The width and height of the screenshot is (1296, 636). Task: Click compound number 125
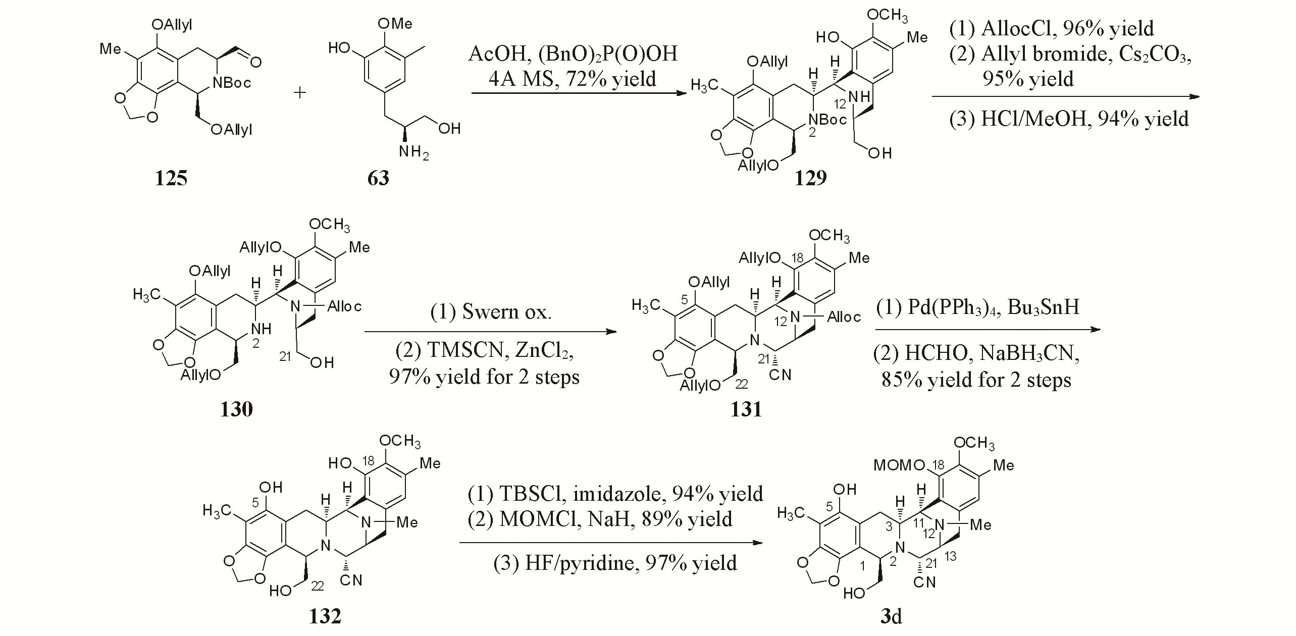[171, 178]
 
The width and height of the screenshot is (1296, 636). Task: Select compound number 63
[378, 178]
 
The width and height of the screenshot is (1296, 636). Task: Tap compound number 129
[810, 178]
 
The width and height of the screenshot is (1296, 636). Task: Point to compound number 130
[236, 409]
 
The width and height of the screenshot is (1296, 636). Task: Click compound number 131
[746, 409]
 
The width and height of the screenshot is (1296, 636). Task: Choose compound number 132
[325, 616]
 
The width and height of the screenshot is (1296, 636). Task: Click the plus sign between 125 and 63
[300, 93]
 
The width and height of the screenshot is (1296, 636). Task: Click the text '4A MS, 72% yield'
[572, 79]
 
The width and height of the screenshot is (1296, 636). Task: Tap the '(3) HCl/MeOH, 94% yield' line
[1069, 119]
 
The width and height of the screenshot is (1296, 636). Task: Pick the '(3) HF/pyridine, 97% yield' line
[615, 562]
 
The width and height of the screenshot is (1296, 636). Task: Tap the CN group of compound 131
[781, 375]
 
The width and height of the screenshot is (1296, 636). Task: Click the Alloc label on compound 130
[344, 306]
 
